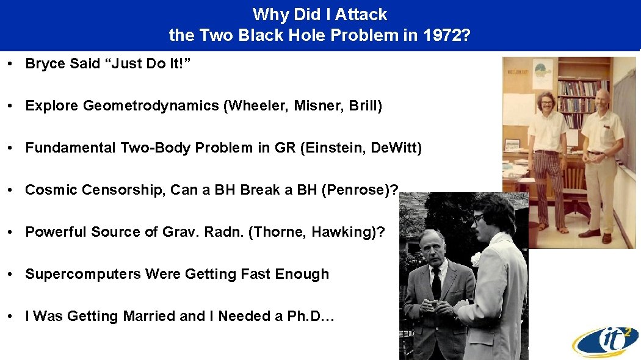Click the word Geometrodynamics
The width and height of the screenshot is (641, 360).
click(151, 106)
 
